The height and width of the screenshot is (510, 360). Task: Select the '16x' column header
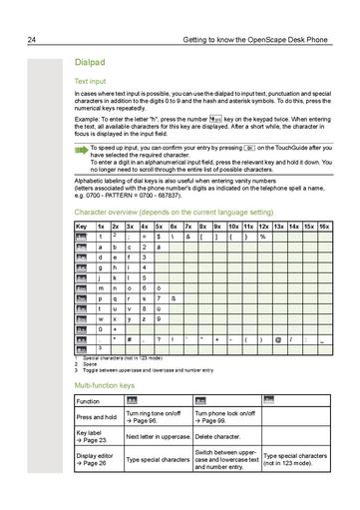point(323,227)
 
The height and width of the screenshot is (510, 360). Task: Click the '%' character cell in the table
point(263,237)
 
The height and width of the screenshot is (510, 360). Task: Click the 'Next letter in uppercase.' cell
point(156,436)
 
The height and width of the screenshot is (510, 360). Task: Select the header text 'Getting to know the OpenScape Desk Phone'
point(255,40)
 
